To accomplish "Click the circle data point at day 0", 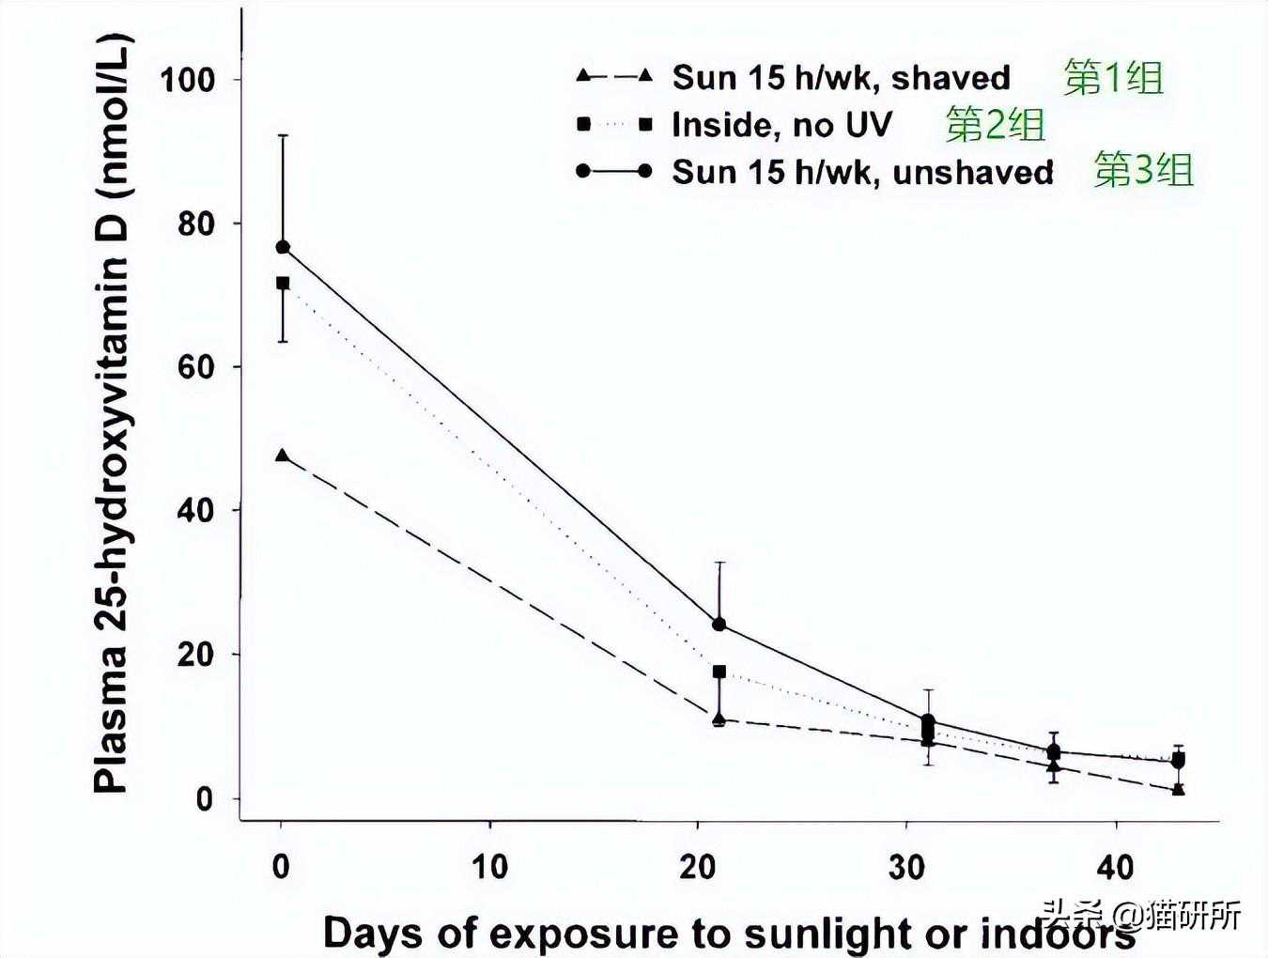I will (x=282, y=247).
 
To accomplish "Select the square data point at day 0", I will (x=282, y=283).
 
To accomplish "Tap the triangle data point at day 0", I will (x=282, y=456).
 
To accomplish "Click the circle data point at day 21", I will (x=719, y=625).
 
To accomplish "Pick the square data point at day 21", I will (x=719, y=672).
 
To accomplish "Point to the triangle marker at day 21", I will (x=719, y=720).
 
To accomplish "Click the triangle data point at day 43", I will (x=1179, y=789).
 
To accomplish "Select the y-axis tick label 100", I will (x=188, y=80).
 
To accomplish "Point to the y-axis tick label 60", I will (x=197, y=367).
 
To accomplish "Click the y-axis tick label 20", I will (x=197, y=655).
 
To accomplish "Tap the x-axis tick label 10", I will (x=489, y=866).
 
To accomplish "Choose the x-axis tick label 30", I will (x=906, y=866).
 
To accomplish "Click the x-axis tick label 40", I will (x=1115, y=866).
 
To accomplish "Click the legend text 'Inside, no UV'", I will (x=781, y=125).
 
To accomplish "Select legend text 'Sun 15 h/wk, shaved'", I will (x=841, y=78).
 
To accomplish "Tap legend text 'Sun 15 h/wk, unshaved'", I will (x=862, y=173).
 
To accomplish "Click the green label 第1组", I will (x=1113, y=78).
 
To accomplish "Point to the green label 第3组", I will (x=1143, y=171).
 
